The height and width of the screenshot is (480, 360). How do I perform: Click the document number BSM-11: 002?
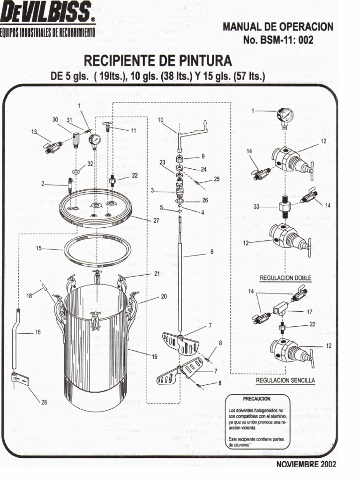pyautogui.click(x=278, y=40)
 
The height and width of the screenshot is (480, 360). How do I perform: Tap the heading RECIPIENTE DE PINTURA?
pyautogui.click(x=157, y=61)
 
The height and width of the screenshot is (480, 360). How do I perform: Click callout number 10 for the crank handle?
pyautogui.click(x=160, y=120)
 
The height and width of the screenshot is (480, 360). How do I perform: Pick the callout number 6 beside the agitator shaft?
pyautogui.click(x=211, y=252)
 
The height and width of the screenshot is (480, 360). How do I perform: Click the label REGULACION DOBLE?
pyautogui.click(x=285, y=277)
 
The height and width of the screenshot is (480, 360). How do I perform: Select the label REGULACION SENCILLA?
pyautogui.click(x=285, y=380)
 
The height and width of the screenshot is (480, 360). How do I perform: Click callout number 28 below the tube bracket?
pyautogui.click(x=44, y=402)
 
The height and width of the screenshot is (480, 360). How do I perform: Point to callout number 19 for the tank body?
pyautogui.click(x=154, y=356)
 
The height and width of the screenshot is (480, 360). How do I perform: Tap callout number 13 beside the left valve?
pyautogui.click(x=34, y=132)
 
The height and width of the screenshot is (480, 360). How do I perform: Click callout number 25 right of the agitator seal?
pyautogui.click(x=216, y=179)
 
